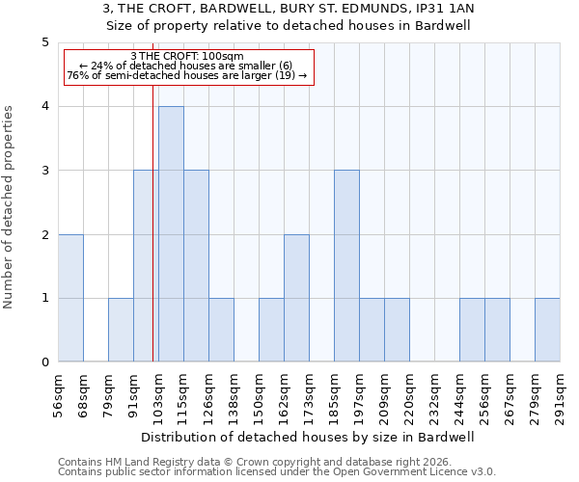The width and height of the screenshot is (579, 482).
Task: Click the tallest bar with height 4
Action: pos(171,234)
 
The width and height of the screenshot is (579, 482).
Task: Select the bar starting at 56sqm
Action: pos(70,298)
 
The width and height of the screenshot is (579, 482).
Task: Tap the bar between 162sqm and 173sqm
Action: pos(296,298)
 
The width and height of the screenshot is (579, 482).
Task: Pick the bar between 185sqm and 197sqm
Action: pos(346,266)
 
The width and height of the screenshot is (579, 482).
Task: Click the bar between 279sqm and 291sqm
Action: pos(547,330)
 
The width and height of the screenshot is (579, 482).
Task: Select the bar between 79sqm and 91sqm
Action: pos(121,330)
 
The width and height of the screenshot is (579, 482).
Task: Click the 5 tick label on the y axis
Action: pos(44,42)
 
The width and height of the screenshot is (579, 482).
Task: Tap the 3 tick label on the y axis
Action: pos(44,171)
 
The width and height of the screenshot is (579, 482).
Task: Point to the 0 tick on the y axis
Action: pos(44,362)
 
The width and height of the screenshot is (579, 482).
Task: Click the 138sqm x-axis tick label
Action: pos(234,395)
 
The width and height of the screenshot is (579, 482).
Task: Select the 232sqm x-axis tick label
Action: pos(435,395)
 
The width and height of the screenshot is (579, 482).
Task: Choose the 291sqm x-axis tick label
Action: pos(561,395)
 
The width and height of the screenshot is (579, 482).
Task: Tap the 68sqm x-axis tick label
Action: pos(84,395)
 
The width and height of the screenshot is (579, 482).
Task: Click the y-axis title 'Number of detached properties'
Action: pos(10,207)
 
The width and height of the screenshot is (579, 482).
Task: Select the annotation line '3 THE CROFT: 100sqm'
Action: pos(187,56)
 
